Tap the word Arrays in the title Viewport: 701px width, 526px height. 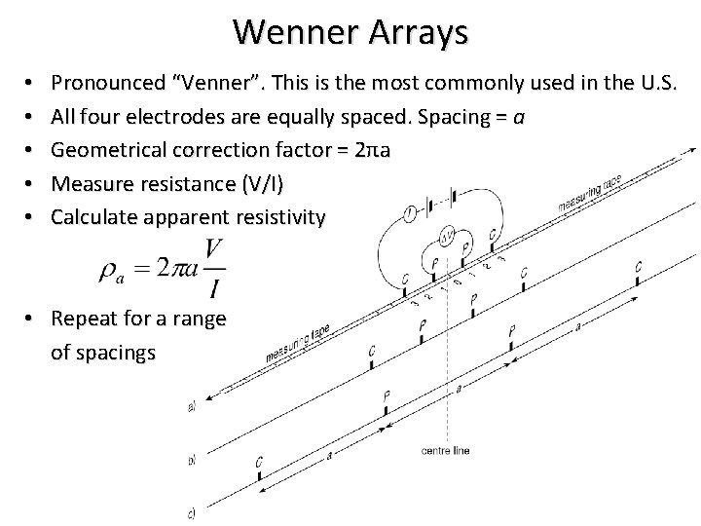tap(417, 31)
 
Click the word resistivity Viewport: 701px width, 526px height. tap(281, 216)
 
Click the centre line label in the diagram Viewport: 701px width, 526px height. tap(448, 450)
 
